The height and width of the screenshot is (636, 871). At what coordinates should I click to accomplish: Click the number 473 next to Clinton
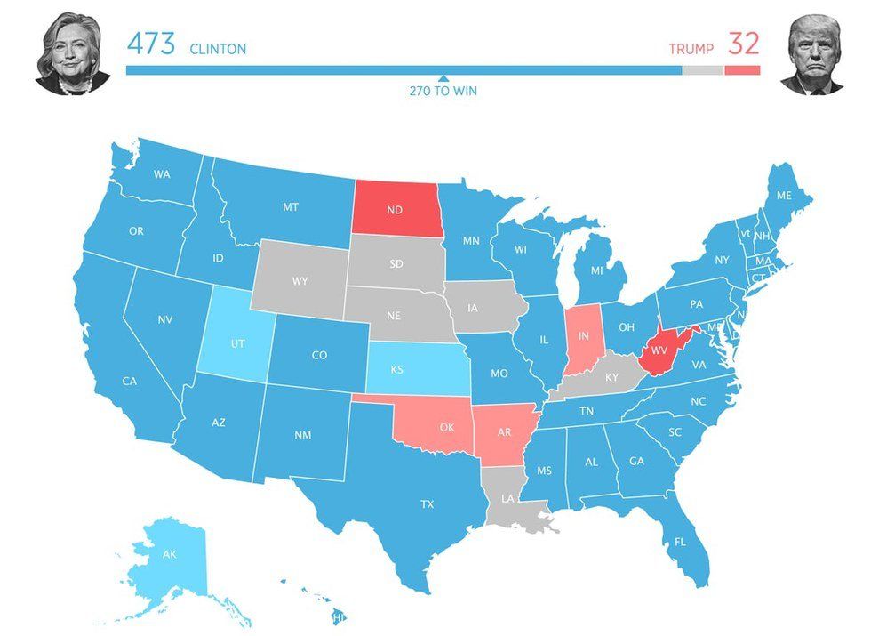(x=152, y=44)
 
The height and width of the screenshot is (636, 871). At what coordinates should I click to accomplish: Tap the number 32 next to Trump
(x=744, y=44)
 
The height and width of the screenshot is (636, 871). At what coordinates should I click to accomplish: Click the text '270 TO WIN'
(x=443, y=91)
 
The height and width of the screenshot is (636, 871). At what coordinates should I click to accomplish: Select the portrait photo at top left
(x=72, y=54)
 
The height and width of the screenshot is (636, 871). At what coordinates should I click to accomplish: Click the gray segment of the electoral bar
(x=702, y=70)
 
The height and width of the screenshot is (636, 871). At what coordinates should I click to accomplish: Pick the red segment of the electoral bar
(x=742, y=70)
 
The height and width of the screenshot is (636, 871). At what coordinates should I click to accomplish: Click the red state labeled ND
(x=396, y=212)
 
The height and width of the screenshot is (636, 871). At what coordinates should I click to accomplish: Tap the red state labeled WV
(x=659, y=350)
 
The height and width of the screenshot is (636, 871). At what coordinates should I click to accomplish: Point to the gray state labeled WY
(x=300, y=281)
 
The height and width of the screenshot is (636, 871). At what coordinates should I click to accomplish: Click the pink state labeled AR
(x=504, y=433)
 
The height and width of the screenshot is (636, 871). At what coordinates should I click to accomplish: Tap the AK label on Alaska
(x=170, y=554)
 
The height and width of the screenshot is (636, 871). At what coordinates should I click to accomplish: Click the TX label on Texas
(x=427, y=504)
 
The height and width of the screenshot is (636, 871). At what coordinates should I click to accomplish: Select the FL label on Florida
(x=680, y=541)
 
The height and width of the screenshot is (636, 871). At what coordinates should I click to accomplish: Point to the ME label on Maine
(x=783, y=195)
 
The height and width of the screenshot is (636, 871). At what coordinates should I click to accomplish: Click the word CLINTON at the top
(x=218, y=49)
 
